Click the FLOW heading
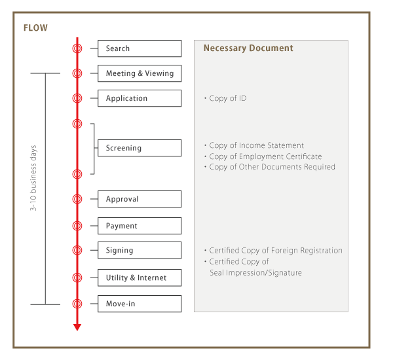(x=35, y=28)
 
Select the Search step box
(x=140, y=48)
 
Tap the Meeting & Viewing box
(x=140, y=73)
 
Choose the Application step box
(x=140, y=98)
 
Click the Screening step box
(x=140, y=148)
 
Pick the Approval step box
(x=140, y=199)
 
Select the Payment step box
(x=140, y=226)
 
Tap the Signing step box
(x=140, y=250)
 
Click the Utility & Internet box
(x=140, y=278)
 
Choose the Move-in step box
(x=140, y=304)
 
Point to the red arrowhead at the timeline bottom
(x=77, y=327)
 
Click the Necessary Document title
(x=248, y=48)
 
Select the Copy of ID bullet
(x=227, y=98)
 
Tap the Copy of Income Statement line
(x=256, y=145)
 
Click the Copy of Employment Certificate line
(x=265, y=156)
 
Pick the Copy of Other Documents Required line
(x=272, y=167)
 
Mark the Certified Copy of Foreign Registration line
(x=275, y=251)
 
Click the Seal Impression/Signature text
(x=255, y=273)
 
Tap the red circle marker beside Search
(x=77, y=48)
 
